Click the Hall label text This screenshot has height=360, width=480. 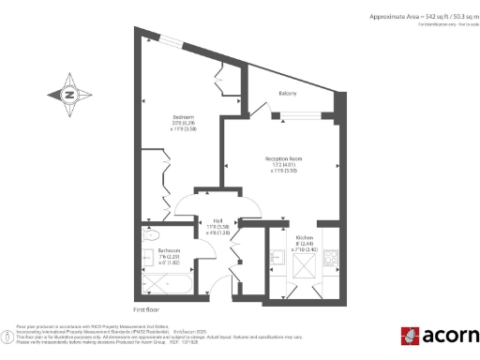[217, 220]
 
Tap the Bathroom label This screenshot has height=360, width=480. [169, 250]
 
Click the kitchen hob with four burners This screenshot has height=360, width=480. [331, 256]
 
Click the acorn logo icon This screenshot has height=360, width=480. [410, 336]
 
